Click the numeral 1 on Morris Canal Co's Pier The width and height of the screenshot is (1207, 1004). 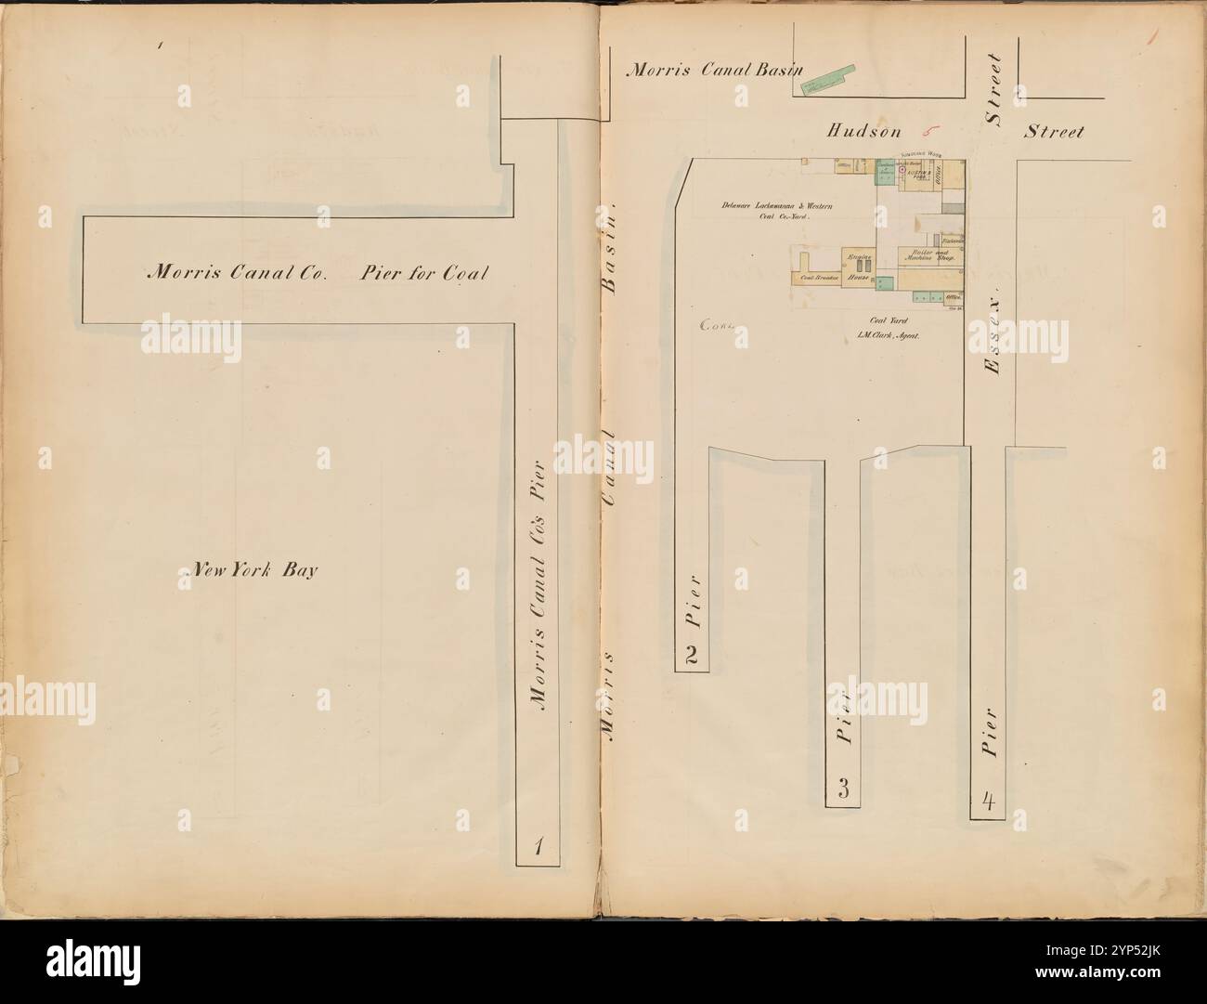pos(537,845)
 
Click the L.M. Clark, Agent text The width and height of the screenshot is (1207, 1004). pos(889,338)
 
